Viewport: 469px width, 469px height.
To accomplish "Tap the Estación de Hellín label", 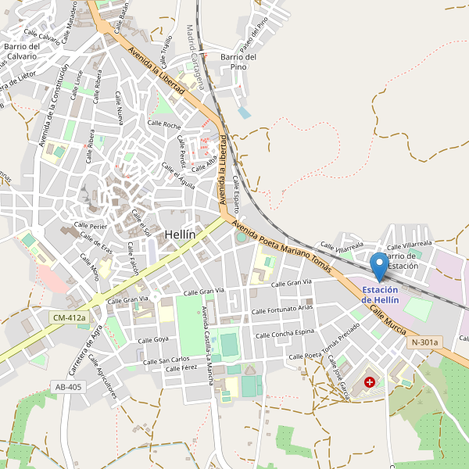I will [x=380, y=295].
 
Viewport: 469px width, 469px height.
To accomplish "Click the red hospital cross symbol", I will [x=369, y=384].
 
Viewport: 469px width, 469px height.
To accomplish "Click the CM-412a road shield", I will [x=68, y=318].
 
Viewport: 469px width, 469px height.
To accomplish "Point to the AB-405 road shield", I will [x=68, y=387].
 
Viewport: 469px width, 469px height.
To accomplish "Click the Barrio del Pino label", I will [x=239, y=62].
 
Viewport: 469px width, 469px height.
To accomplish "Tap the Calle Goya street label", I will [x=153, y=340].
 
